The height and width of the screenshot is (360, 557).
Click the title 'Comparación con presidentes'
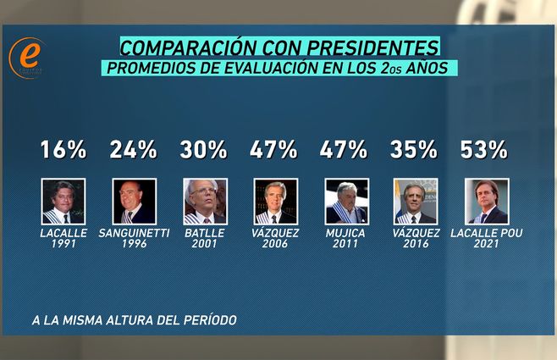pos(279,46)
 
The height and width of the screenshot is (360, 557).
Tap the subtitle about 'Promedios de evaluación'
pos(279,69)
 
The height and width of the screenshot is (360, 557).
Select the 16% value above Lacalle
pos(63,150)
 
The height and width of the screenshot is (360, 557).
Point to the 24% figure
pos(133,150)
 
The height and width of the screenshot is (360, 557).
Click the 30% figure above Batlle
pos(204,150)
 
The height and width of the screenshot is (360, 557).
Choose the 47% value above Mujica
pos(344,150)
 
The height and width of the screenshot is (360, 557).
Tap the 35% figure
pos(414,150)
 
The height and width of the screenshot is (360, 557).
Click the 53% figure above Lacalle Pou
pos(484,150)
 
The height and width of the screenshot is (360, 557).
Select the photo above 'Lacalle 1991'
pos(63,201)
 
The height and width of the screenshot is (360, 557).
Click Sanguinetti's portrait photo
pos(134,201)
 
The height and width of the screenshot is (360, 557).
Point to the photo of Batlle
pos(205,201)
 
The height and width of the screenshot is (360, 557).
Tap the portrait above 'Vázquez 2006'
pos(275,201)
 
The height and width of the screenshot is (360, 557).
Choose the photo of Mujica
pos(346,201)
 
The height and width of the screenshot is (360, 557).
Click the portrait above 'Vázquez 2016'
pos(416,201)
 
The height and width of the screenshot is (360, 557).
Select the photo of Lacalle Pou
pos(487,201)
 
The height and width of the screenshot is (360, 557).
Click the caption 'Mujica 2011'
pos(346,238)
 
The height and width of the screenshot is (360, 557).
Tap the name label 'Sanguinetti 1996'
pos(134,238)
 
